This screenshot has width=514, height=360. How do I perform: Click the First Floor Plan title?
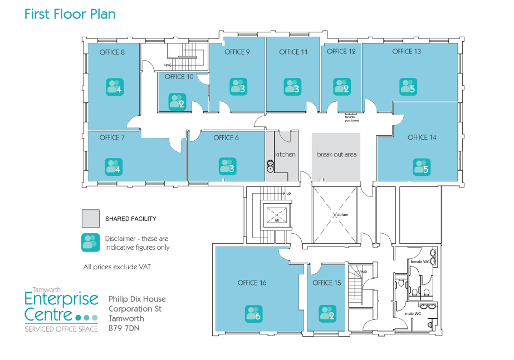click(70, 14)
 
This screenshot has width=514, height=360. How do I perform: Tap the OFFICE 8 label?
click(112, 52)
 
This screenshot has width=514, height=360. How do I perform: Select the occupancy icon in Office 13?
click(408, 87)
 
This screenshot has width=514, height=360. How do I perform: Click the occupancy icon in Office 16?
click(254, 314)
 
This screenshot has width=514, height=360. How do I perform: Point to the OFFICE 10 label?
click(179, 77)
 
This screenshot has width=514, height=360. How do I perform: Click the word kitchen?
click(285, 154)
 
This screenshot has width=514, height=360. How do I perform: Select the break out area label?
click(336, 154)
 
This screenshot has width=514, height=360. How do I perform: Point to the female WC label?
click(419, 261)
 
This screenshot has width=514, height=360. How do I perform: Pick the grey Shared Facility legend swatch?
click(90, 219)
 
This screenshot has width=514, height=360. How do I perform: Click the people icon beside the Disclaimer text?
click(90, 242)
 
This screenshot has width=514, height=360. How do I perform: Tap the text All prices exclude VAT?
click(116, 267)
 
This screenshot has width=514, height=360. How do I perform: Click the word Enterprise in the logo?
click(61, 300)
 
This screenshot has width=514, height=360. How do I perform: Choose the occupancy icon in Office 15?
click(327, 314)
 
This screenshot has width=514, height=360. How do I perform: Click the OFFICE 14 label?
click(425, 137)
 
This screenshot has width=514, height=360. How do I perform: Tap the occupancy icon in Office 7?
click(114, 166)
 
